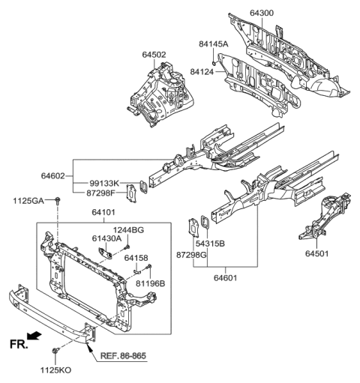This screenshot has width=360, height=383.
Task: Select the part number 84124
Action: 193,72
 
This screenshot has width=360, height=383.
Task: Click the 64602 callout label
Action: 56,176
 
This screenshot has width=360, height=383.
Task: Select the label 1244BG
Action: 129,230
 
